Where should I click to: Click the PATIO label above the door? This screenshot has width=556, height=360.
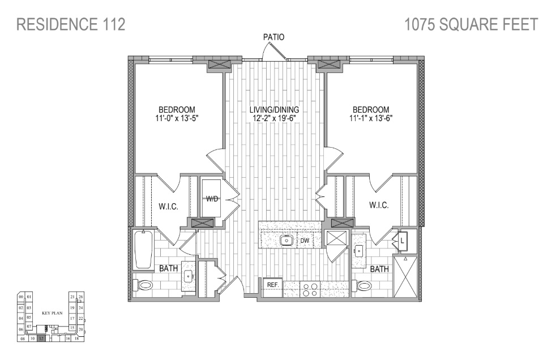(273, 37)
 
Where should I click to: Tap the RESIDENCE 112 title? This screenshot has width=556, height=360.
(71, 24)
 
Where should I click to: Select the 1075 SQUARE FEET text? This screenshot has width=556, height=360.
(471, 24)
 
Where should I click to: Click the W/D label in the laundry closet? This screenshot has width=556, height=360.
(212, 199)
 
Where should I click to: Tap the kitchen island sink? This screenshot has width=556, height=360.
(287, 240)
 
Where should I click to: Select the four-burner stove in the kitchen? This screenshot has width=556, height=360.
(310, 289)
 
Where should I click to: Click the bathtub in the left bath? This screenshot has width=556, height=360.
(143, 249)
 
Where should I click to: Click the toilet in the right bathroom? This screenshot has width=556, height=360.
(362, 286)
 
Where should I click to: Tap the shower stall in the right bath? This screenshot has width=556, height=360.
(405, 277)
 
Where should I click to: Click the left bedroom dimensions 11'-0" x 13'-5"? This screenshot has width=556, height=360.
(177, 119)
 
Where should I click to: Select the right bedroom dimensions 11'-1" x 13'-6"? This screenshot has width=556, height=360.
(371, 119)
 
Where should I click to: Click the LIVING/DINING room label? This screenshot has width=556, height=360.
(275, 110)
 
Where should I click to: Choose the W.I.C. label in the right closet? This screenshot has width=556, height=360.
(379, 205)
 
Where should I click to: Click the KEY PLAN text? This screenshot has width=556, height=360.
(52, 312)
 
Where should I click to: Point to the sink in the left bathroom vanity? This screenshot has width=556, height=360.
(188, 277)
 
